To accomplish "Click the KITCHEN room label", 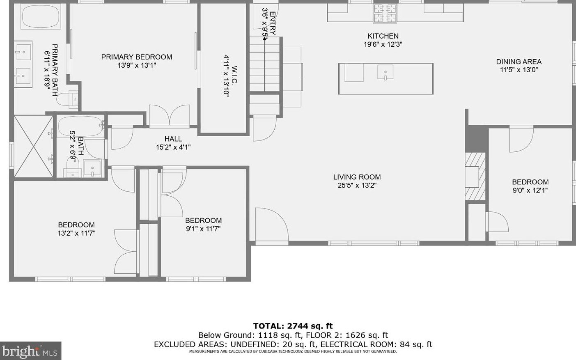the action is [x=383, y=36].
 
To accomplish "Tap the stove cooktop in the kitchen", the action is [x=385, y=14].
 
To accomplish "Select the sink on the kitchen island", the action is [x=385, y=72].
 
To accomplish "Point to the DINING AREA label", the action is [x=519, y=62].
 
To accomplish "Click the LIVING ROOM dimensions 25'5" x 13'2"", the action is [x=357, y=186].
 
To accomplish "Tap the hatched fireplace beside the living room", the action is [x=475, y=177].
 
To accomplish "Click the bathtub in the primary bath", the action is [x=41, y=16].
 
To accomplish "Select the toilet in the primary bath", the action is [x=67, y=99].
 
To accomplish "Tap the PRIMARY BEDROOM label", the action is [x=137, y=57].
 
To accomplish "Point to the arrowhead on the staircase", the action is [x=265, y=39].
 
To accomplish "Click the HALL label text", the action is [x=173, y=139].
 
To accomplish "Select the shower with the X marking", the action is [x=33, y=146].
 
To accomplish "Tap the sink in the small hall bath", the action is [x=92, y=168].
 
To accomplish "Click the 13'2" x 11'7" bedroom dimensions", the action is [x=76, y=233].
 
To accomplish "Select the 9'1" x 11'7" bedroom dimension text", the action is [x=203, y=229].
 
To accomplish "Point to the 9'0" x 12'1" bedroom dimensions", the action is [x=530, y=190].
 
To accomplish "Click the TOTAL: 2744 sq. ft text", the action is [x=293, y=326].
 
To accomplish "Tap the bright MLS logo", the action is [x=31, y=351].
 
